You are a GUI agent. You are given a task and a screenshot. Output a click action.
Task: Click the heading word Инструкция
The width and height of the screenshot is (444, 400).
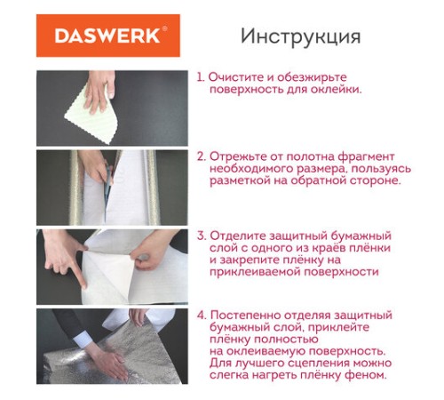300,36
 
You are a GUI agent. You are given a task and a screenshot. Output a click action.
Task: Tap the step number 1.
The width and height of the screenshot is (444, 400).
201,77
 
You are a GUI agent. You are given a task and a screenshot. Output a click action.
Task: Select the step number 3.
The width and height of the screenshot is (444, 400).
202,236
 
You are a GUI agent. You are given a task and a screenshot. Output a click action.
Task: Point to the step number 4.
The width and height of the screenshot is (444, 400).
202,315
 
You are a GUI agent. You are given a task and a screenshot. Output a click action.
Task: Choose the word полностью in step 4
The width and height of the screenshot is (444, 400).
284,340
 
